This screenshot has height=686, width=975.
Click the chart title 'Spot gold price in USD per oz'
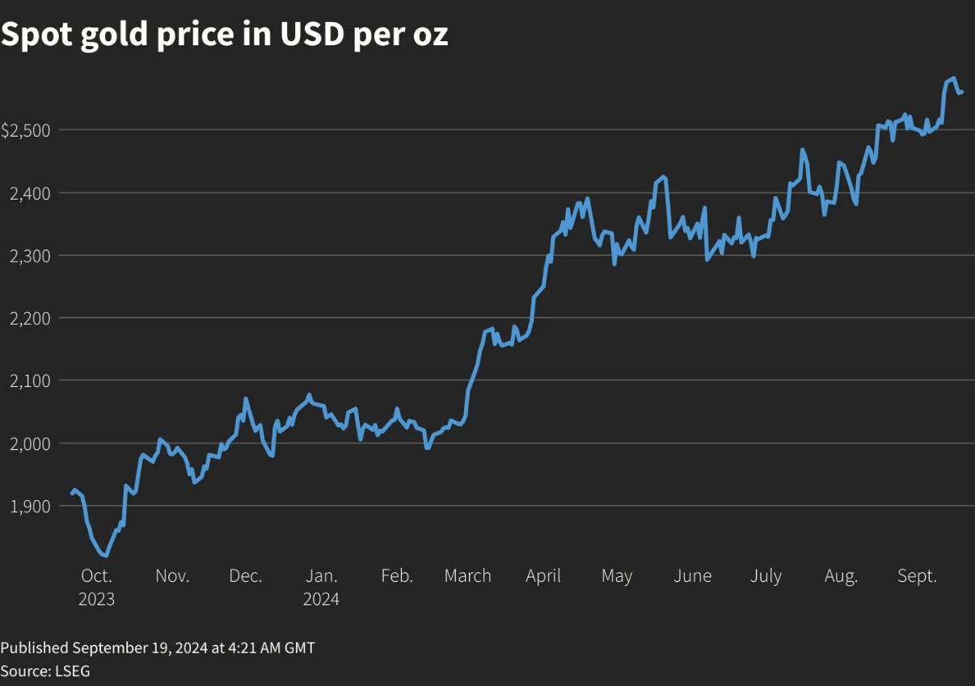(224, 35)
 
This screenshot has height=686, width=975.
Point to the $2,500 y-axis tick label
(26, 130)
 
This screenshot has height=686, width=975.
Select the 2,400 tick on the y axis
(29, 193)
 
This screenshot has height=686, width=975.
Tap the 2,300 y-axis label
(29, 255)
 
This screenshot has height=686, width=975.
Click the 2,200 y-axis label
(29, 318)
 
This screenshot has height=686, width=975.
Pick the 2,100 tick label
(29, 381)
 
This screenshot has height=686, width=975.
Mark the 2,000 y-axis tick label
(29, 443)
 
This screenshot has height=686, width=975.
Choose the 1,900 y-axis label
(29, 506)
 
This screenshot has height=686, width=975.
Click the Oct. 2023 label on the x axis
(96, 587)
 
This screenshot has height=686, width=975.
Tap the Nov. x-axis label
(172, 576)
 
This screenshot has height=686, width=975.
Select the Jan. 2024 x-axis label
(321, 587)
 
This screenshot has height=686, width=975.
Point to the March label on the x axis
(467, 576)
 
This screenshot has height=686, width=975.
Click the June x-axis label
(692, 576)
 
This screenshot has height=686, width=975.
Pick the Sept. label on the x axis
(917, 576)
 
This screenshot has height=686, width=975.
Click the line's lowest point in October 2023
(105, 555)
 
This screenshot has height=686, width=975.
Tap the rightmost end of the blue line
(961, 92)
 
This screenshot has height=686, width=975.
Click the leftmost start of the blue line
(71, 494)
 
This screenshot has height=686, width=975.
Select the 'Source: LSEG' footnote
(45, 671)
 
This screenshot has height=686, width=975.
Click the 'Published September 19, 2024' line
(158, 647)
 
